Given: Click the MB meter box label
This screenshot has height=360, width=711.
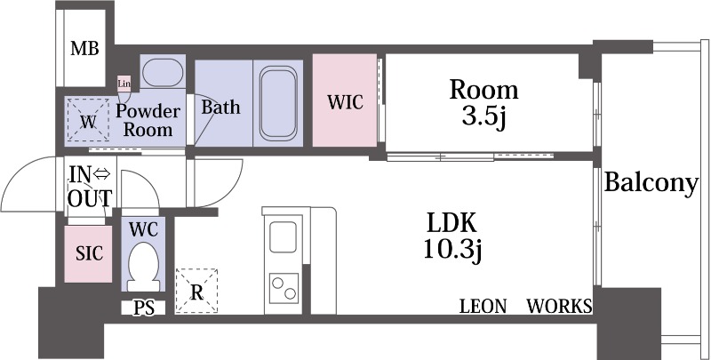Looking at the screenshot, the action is [84, 48].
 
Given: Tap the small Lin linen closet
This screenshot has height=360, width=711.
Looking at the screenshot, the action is [124, 84].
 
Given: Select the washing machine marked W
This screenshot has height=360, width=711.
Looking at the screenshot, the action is [88, 119].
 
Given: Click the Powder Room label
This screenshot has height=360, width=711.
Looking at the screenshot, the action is [148, 121].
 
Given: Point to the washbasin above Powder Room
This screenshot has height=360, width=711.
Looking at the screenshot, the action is [162, 73].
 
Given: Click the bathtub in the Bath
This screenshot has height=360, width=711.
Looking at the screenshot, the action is [278, 103].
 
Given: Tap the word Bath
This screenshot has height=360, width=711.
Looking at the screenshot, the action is [220, 108].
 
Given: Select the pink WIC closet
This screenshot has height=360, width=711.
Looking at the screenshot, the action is [345, 100].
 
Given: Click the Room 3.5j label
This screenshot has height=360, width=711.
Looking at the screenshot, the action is [483, 104].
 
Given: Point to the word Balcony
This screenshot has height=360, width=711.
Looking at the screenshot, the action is [651, 184].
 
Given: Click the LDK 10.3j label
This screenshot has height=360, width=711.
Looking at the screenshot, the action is [451, 236].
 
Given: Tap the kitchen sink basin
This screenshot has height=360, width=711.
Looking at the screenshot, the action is [283, 236].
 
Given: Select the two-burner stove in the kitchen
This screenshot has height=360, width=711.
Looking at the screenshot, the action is [284, 288].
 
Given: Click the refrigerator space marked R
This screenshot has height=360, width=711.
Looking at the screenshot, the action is [196, 291].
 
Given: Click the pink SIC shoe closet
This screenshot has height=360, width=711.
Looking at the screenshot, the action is [88, 254].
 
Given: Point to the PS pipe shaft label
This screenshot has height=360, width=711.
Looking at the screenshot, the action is [143, 308].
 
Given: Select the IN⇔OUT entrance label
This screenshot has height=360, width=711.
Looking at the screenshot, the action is [90, 187].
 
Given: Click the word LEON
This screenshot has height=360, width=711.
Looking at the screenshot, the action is [483, 307].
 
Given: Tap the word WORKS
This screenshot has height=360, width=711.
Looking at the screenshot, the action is [559, 307].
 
